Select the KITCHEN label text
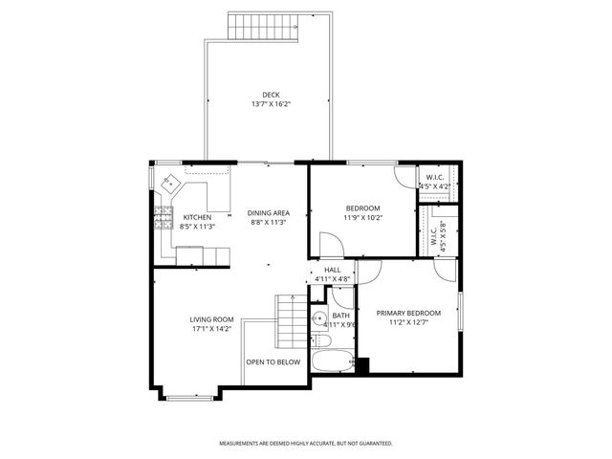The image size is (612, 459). (x=197, y=217)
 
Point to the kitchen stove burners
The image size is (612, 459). (x=164, y=219)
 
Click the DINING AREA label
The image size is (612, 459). (x=269, y=212)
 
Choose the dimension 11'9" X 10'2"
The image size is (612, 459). (x=362, y=218)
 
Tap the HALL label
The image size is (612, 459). (x=332, y=271)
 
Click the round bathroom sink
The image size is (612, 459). (x=317, y=319)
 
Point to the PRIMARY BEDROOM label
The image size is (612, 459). (x=407, y=313)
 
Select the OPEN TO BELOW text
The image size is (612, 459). (x=273, y=362)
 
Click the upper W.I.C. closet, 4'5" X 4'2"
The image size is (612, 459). (x=436, y=181)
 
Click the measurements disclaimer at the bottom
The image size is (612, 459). (x=306, y=443)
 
